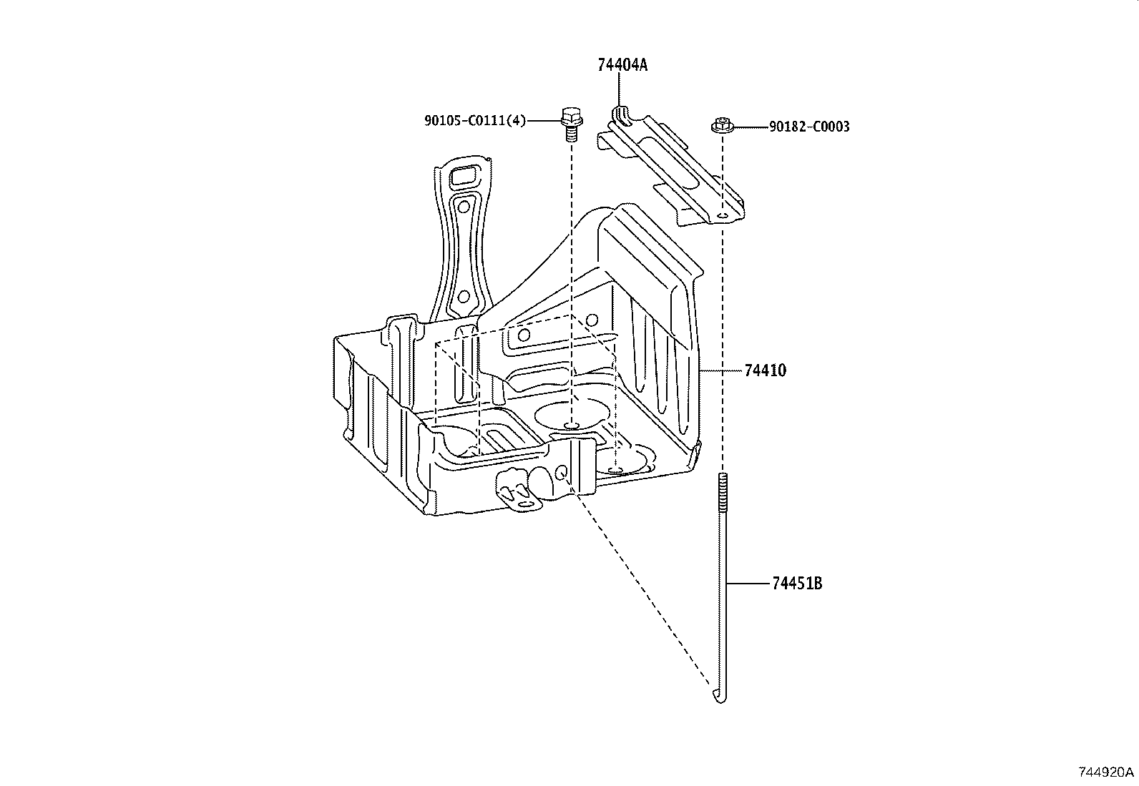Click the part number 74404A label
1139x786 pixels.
(x=622, y=65)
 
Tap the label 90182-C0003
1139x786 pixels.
(x=809, y=127)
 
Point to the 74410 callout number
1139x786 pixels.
(x=765, y=370)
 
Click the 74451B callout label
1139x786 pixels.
(x=797, y=584)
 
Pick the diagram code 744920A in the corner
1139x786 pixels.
(x=1106, y=772)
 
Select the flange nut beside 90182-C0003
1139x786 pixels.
(x=721, y=127)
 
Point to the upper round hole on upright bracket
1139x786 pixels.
(x=464, y=207)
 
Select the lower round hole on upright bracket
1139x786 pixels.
(x=463, y=296)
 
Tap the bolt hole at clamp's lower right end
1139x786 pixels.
(x=723, y=215)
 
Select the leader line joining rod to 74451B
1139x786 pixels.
(x=748, y=584)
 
